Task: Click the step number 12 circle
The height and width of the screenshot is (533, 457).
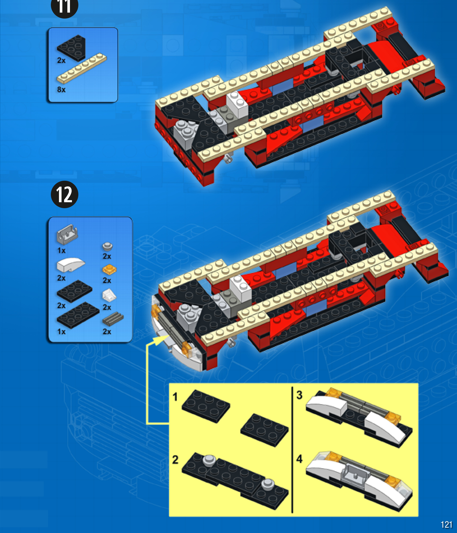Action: click(64, 194)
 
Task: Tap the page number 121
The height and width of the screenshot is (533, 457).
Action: click(446, 525)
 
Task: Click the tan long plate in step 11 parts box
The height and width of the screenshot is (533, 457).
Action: click(81, 68)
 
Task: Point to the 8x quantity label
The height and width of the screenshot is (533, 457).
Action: click(61, 89)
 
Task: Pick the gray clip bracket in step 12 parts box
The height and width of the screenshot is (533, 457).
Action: click(67, 234)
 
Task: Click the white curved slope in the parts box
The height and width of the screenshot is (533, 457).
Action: click(70, 265)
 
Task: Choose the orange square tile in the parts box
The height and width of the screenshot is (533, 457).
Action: click(109, 269)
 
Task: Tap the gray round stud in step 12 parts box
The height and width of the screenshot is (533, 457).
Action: click(107, 247)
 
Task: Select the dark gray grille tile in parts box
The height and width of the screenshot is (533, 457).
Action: click(113, 319)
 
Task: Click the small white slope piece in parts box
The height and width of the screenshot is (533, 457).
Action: click(109, 295)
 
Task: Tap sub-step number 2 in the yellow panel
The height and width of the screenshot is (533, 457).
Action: click(175, 460)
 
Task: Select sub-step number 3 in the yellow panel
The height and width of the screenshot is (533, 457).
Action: click(299, 395)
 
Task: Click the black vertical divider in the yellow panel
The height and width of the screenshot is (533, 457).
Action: click(292, 450)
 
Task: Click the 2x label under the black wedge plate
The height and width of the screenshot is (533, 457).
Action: click(61, 60)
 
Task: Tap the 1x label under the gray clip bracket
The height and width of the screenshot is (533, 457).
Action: click(61, 250)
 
